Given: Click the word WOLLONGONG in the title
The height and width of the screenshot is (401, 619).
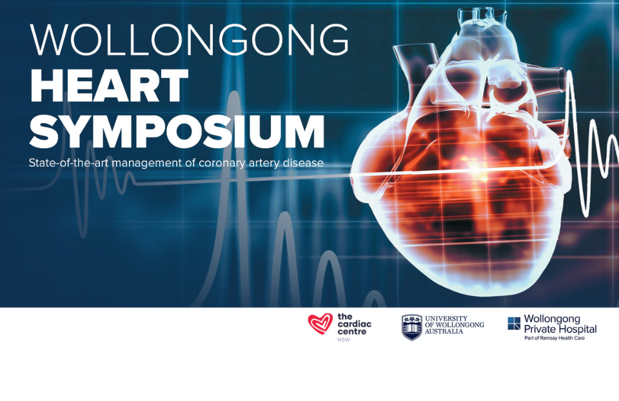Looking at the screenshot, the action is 189,40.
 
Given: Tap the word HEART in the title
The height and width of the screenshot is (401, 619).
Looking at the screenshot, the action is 109,86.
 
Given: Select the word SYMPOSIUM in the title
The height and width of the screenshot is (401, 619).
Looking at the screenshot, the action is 177,132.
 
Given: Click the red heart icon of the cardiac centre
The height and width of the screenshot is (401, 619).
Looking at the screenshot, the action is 320,324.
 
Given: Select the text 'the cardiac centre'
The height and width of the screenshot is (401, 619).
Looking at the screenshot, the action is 354,324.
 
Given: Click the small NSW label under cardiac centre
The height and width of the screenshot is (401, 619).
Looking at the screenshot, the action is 344,340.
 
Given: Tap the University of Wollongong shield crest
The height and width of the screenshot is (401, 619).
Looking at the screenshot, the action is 411,328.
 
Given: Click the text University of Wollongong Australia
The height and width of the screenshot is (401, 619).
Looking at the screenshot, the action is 454,325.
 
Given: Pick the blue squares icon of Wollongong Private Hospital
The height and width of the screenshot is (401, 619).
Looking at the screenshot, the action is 514,323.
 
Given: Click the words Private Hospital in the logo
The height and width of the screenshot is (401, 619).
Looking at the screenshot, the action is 560,329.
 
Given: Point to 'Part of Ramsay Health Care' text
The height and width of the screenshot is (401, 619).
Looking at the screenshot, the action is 555,338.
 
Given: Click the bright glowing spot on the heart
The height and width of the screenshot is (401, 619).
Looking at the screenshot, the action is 476,170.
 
